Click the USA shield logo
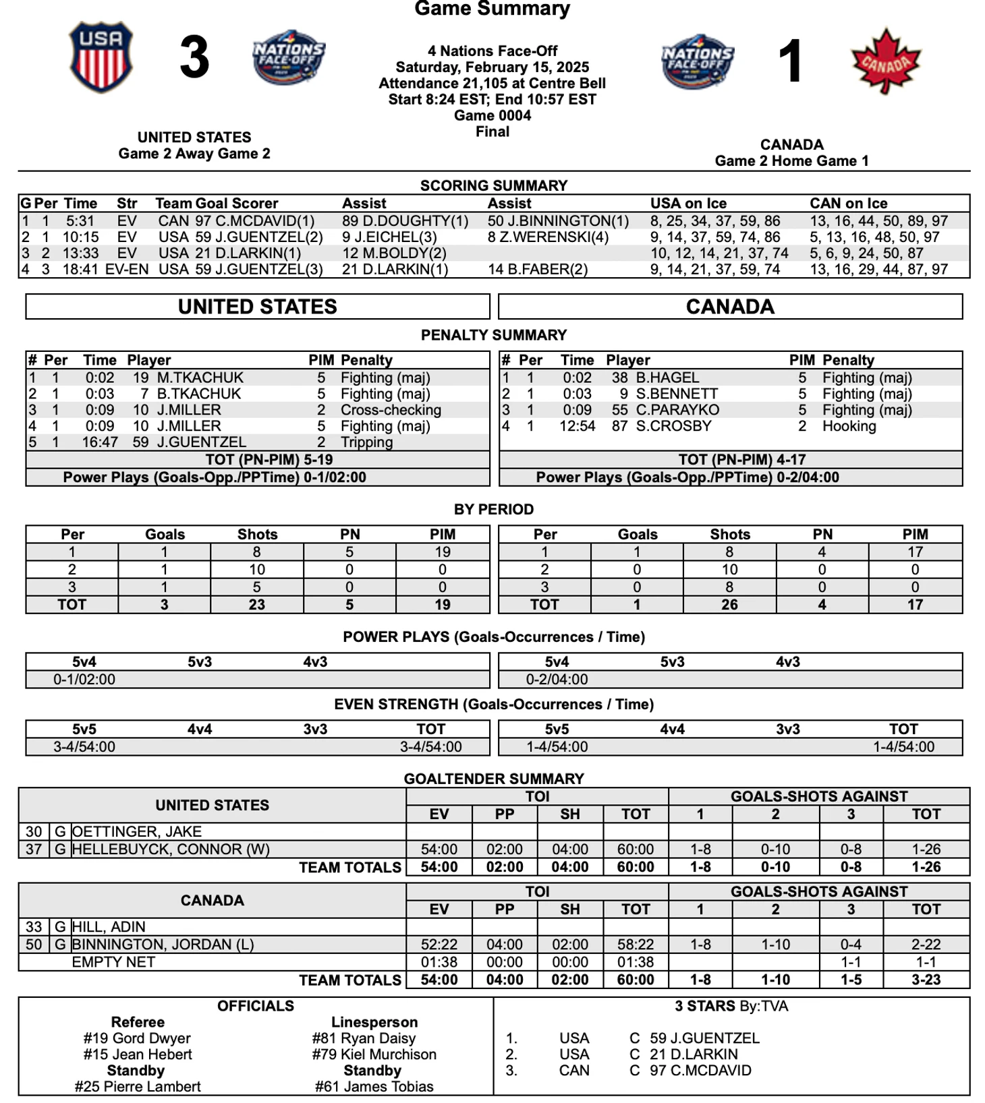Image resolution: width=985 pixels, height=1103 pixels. tap(101, 57)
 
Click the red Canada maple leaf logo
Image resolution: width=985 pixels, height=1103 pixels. tap(886, 61)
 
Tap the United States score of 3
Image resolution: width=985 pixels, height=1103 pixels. tap(194, 58)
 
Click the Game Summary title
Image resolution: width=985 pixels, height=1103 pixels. tap(492, 9)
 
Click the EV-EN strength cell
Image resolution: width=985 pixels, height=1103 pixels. tap(127, 270)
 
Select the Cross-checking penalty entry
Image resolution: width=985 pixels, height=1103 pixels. tap(391, 410)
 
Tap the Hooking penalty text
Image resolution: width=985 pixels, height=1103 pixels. tap(849, 426)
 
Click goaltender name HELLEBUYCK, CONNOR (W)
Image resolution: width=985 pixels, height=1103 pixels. tap(171, 849)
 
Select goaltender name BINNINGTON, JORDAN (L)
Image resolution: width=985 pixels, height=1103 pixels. tap(163, 945)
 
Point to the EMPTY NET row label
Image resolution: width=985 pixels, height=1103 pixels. tap(113, 962)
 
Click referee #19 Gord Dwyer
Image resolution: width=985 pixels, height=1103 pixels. tap(137, 1038)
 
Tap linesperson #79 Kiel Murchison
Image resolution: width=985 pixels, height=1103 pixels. tap(374, 1054)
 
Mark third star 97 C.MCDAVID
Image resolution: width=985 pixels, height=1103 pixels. tap(700, 1071)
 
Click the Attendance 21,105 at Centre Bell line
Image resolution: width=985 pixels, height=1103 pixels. tap(492, 84)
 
